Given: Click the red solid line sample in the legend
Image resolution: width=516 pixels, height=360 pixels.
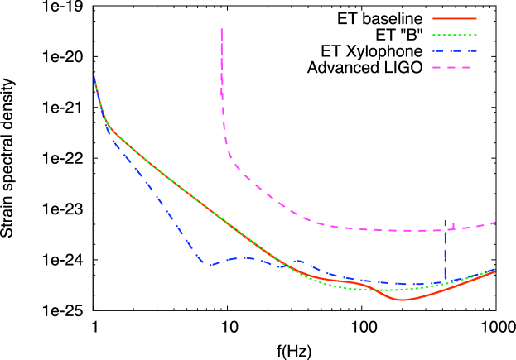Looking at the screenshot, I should (x=455, y=18).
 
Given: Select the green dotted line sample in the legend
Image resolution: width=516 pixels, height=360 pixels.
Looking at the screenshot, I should (x=455, y=35).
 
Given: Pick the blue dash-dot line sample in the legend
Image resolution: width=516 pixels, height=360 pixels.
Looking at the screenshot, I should (x=455, y=50).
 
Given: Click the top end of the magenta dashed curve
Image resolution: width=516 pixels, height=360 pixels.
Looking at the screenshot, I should (x=221, y=29).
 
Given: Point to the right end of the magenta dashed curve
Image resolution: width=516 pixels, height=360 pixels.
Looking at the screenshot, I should (x=495, y=222).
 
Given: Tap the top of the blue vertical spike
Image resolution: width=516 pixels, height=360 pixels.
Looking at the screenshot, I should (x=445, y=221).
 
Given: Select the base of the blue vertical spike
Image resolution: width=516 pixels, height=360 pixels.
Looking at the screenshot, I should (x=446, y=280).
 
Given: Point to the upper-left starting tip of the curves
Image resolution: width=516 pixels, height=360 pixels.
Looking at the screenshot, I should (x=94, y=74).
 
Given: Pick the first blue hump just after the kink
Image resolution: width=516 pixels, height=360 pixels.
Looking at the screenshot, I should (x=240, y=257).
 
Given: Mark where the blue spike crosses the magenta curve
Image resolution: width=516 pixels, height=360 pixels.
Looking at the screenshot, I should (x=445, y=230).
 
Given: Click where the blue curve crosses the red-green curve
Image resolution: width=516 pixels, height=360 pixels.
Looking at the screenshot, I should (x=290, y=266).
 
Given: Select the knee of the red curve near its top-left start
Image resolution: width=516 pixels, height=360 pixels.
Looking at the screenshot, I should (x=109, y=127).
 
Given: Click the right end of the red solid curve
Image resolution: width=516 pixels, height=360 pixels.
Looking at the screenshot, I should (x=495, y=271).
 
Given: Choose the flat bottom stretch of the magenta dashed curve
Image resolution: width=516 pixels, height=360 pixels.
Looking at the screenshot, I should (x=398, y=230).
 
